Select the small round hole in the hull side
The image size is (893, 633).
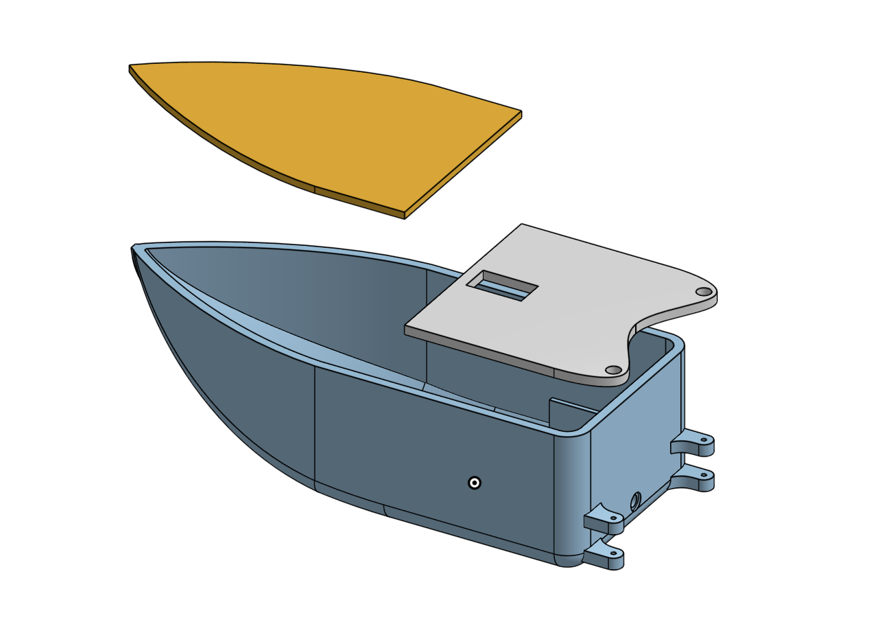pos(474,483)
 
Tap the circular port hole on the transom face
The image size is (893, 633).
pos(634,500)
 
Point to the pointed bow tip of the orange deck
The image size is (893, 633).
pos(131,67)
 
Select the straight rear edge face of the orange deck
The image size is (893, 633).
pos(464,165)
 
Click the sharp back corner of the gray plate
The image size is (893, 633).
pos(522,225)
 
